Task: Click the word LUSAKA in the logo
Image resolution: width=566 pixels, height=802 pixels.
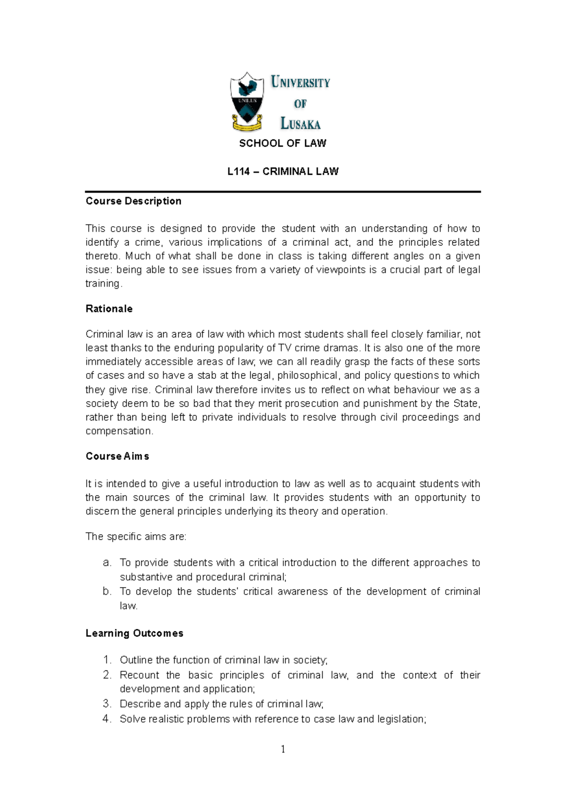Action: (x=300, y=124)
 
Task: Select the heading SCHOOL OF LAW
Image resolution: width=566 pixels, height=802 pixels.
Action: (x=283, y=144)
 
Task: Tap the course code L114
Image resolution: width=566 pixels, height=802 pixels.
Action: (x=238, y=171)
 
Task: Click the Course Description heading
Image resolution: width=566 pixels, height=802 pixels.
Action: (x=133, y=201)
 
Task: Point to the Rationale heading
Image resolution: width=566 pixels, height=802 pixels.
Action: (x=109, y=309)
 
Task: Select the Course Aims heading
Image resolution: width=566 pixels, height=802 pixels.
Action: (x=117, y=456)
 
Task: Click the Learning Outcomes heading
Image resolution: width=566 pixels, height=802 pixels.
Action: (x=134, y=633)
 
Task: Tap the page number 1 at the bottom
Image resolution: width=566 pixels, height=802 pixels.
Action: (x=283, y=749)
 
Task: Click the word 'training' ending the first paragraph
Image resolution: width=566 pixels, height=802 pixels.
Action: (x=103, y=284)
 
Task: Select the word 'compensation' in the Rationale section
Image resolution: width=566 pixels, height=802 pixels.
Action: (x=118, y=431)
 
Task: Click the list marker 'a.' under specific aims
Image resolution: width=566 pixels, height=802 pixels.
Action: (x=107, y=563)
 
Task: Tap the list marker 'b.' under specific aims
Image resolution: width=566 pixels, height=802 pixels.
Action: (x=107, y=592)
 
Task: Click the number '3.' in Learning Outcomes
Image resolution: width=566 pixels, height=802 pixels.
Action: (x=107, y=704)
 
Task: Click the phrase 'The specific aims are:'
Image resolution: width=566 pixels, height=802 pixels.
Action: (x=136, y=537)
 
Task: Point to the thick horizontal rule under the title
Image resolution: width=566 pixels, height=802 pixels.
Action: (x=283, y=192)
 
